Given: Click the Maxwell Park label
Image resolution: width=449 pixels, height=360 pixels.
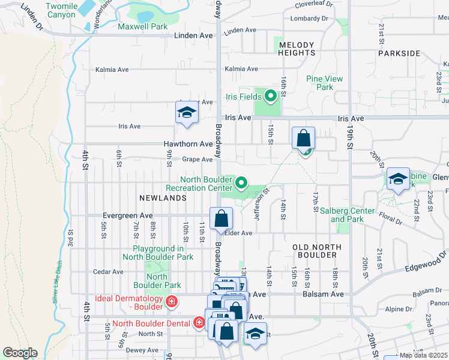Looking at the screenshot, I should (142, 27).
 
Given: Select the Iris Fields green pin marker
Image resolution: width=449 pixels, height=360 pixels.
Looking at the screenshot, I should (270, 95).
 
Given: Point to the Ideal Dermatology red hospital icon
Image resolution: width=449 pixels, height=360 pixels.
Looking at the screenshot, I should (172, 301).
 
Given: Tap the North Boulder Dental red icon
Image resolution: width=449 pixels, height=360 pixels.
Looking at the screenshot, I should (199, 323).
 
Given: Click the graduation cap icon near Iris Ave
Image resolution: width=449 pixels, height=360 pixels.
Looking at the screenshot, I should (187, 113).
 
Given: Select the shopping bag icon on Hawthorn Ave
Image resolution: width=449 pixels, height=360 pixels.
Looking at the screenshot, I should (304, 138).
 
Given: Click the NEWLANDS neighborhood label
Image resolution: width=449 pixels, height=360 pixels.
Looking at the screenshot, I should (159, 197).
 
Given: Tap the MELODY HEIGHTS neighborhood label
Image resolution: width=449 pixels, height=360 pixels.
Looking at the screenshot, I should (297, 49).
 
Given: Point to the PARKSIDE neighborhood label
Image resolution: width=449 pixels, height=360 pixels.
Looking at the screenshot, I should (399, 53).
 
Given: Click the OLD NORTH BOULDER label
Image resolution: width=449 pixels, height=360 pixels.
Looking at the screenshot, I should (316, 251).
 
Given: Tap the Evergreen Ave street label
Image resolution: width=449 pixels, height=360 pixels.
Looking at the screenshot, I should (127, 215).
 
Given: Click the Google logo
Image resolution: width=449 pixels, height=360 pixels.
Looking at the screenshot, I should (20, 353).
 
